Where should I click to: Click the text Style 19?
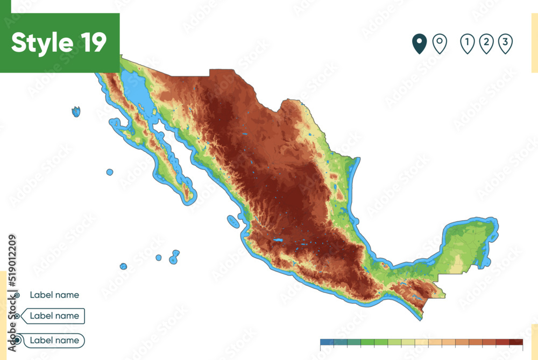pos(59,43)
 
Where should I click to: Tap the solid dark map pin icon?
pos(420,43)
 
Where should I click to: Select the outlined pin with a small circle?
pos(440,43)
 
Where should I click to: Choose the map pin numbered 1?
pos(468,43)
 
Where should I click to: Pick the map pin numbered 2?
pos(486,43)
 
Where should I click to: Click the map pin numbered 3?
pos(505,43)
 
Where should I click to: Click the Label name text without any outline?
pos(54,295)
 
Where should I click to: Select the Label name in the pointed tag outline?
pos(54,316)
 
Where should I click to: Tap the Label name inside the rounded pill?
pos(54,340)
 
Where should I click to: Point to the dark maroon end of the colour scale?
pos(516,342)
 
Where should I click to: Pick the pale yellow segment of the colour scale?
pos(421,342)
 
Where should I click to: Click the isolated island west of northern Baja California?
pos(76,111)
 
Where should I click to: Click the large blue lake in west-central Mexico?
pos(278,239)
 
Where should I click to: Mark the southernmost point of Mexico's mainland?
pos(422,318)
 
